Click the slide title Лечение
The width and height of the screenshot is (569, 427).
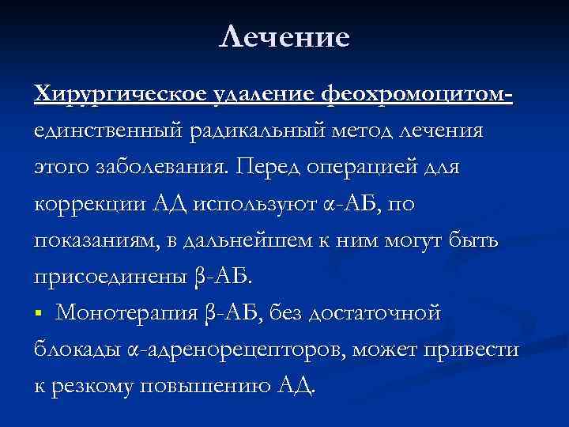[x=284, y=36]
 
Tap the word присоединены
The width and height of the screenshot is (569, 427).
[x=106, y=277]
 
